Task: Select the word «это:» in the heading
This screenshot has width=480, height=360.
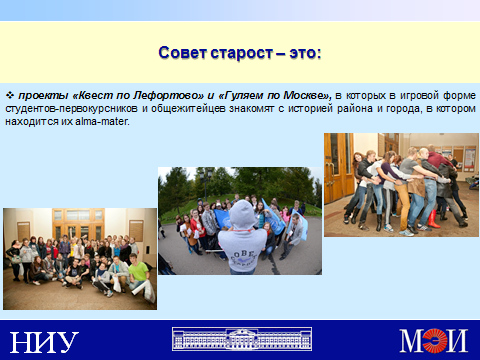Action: pyautogui.click(x=305, y=53)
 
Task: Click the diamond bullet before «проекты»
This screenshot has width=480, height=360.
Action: pyautogui.click(x=10, y=95)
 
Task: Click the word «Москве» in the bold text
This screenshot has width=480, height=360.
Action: pyautogui.click(x=305, y=96)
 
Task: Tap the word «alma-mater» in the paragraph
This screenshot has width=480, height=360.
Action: pyautogui.click(x=102, y=121)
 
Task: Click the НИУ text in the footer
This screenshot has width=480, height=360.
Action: pyautogui.click(x=44, y=342)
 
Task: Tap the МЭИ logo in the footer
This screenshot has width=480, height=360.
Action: pyautogui.click(x=434, y=340)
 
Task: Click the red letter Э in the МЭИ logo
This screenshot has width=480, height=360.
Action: pyautogui.click(x=435, y=340)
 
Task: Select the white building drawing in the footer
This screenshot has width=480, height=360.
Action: pyautogui.click(x=242, y=339)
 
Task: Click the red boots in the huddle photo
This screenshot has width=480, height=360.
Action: pyautogui.click(x=434, y=219)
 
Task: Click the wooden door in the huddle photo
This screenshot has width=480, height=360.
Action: pyautogui.click(x=339, y=167)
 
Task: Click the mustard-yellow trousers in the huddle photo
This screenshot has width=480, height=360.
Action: pyautogui.click(x=403, y=204)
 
